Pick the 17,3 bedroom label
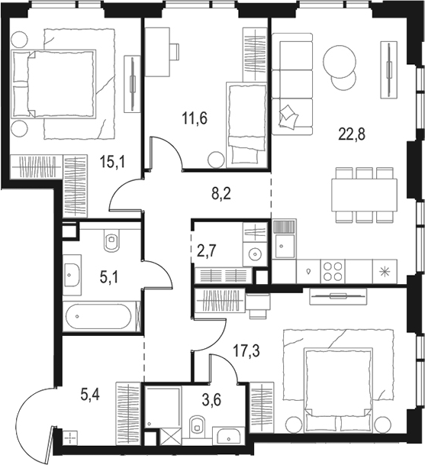click(246, 352)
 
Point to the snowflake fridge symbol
click(383, 270)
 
